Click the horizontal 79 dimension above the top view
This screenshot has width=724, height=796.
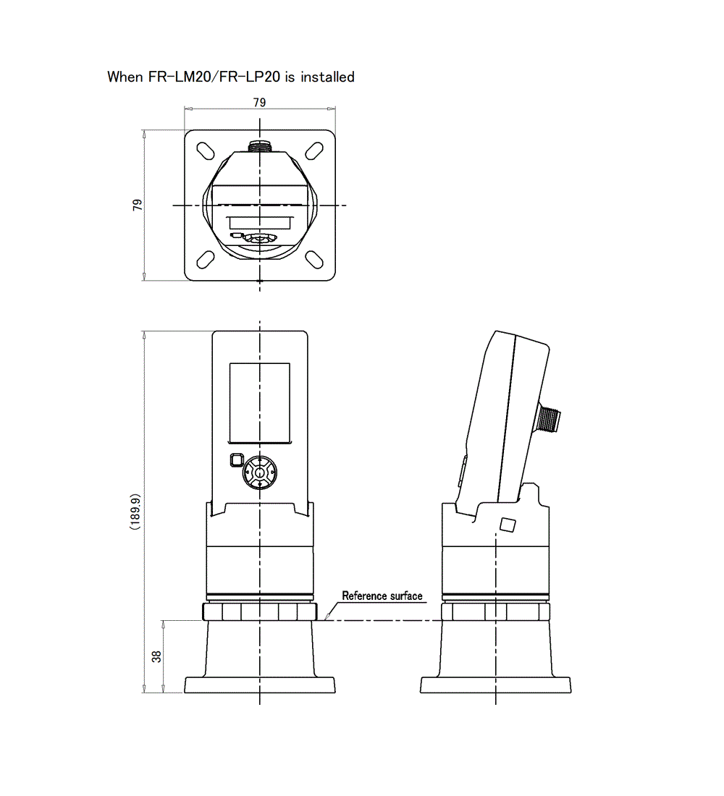(260, 103)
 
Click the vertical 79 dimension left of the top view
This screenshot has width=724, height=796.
(138, 205)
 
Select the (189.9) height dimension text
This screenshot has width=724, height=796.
(135, 512)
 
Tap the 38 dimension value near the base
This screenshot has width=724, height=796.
(156, 656)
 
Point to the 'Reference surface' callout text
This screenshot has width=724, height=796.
(382, 596)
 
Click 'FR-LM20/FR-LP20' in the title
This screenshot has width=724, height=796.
(214, 77)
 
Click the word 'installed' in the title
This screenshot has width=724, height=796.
(328, 77)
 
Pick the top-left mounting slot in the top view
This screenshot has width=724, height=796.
(206, 151)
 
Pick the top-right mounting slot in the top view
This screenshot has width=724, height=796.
(314, 151)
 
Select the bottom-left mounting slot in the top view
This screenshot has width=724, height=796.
(206, 259)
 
